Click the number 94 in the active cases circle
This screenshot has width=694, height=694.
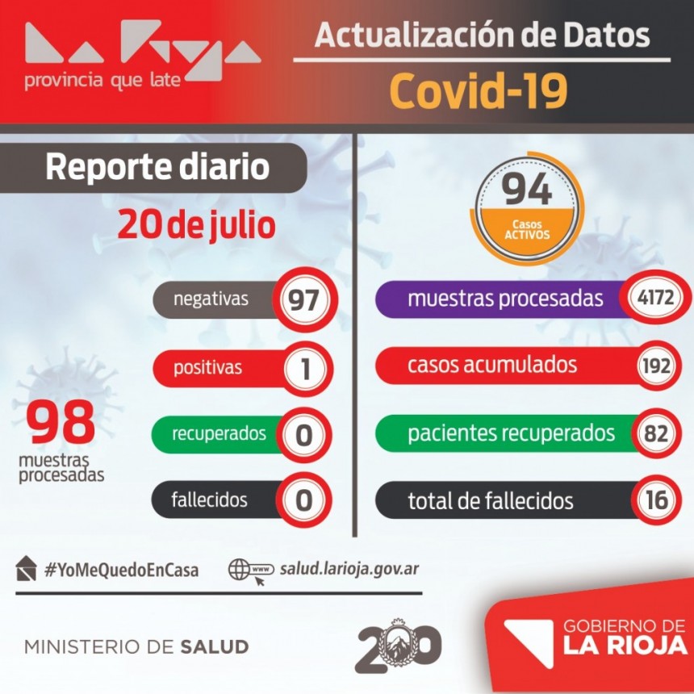(528, 190)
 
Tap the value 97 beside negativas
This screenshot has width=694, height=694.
(303, 300)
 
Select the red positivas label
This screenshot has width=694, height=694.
(207, 368)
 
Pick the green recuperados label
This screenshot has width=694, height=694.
(218, 433)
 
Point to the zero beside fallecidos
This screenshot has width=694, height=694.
(303, 500)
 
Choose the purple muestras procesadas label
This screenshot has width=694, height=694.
(504, 299)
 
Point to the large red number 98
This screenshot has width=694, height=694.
(61, 423)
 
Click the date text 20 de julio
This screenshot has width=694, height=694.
(196, 225)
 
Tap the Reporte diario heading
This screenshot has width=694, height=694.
(157, 167)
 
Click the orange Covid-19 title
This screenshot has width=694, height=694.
(479, 91)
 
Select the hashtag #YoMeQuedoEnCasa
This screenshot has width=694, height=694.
(121, 570)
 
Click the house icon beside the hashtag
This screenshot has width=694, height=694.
(26, 568)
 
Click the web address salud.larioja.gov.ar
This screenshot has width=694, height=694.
(349, 569)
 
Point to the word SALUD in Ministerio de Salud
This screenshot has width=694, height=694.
(214, 647)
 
